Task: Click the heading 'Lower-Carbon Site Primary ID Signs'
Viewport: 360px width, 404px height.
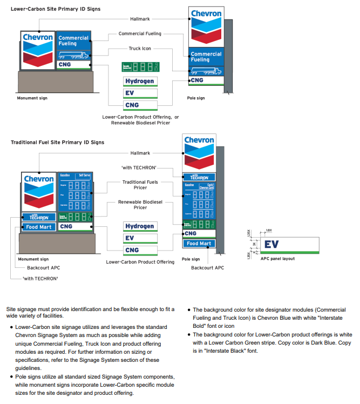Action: [55, 9]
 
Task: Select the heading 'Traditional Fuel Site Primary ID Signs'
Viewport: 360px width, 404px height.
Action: [57, 143]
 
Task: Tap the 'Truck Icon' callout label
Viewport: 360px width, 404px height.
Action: [140, 49]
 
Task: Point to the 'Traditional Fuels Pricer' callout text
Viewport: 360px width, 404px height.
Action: [140, 185]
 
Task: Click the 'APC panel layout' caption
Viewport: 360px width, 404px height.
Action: [277, 259]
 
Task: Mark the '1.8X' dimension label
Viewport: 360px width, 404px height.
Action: [269, 231]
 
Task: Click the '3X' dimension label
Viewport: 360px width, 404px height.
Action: [254, 244]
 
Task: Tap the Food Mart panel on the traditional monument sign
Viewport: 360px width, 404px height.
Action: [38, 227]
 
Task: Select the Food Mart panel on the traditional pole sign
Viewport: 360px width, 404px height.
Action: [199, 244]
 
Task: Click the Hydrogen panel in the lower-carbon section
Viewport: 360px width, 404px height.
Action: [140, 82]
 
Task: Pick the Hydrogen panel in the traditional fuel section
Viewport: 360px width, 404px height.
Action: [140, 226]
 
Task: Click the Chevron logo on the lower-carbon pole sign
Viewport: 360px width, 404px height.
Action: [204, 26]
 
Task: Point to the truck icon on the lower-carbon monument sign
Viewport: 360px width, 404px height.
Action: [74, 55]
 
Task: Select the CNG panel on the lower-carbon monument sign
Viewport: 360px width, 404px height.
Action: [74, 65]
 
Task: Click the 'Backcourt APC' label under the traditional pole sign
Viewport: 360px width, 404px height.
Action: [207, 268]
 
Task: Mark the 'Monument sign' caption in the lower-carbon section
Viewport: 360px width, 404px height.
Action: [32, 98]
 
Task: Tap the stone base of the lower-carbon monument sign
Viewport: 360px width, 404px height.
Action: [56, 82]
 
